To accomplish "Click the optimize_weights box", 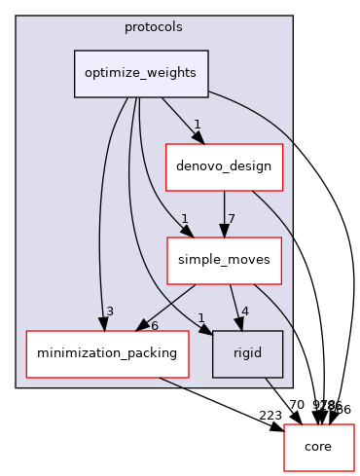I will point(142,74).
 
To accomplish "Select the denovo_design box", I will point(224,167).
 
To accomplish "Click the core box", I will point(318,447).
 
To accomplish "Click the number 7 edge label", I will point(232,218).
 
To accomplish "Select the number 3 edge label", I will point(110,311).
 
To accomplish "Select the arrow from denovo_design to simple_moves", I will point(224,214).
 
